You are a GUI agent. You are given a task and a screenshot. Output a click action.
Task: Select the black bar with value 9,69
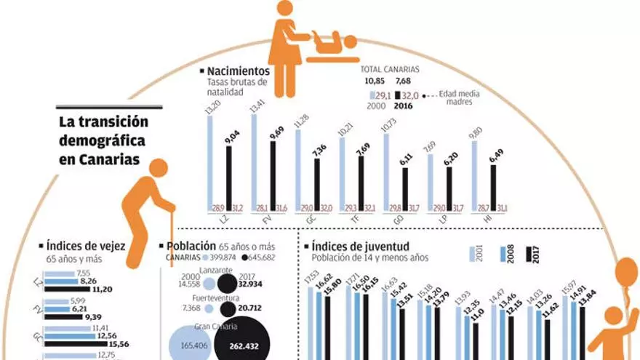tap(273, 175)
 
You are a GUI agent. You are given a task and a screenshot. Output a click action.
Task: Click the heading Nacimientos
tap(239, 71)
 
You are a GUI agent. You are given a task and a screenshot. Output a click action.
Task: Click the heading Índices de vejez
tap(86, 247)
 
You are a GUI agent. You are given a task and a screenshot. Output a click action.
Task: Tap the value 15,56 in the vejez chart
tap(119, 344)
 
